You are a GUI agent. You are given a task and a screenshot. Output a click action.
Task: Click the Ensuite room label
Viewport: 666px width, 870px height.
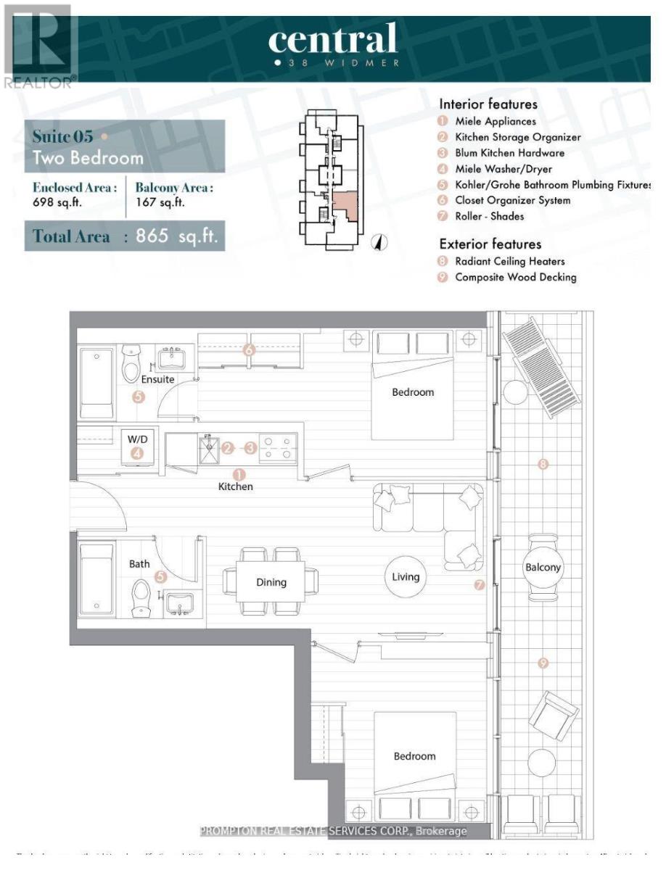click(157, 378)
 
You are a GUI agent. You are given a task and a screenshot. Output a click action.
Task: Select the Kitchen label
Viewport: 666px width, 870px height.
click(236, 486)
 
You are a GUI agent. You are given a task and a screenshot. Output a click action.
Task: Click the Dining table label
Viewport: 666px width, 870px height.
click(271, 581)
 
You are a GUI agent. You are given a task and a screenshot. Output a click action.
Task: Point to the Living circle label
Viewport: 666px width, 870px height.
click(406, 577)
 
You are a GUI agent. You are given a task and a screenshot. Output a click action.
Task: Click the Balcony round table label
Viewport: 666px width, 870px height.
click(543, 567)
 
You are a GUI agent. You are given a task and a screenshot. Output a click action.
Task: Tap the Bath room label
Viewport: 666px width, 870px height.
click(140, 563)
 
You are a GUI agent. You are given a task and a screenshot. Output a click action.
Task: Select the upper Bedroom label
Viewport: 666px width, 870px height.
click(413, 392)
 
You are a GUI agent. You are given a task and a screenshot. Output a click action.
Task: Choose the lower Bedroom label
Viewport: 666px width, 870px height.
click(414, 756)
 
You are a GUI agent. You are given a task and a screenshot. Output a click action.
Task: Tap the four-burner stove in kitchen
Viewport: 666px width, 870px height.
click(279, 448)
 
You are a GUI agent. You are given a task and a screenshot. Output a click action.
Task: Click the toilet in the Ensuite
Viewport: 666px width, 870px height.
click(131, 363)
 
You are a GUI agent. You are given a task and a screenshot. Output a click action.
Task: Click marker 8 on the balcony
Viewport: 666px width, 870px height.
click(543, 464)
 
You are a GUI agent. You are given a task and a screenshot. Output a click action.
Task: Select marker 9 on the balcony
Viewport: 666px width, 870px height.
click(543, 663)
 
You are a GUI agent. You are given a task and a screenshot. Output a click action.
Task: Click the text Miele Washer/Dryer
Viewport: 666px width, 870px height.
click(493, 169)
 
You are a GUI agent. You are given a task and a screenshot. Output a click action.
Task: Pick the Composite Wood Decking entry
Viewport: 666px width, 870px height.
click(515, 277)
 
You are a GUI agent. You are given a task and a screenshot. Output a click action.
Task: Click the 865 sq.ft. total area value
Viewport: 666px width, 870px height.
click(176, 237)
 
